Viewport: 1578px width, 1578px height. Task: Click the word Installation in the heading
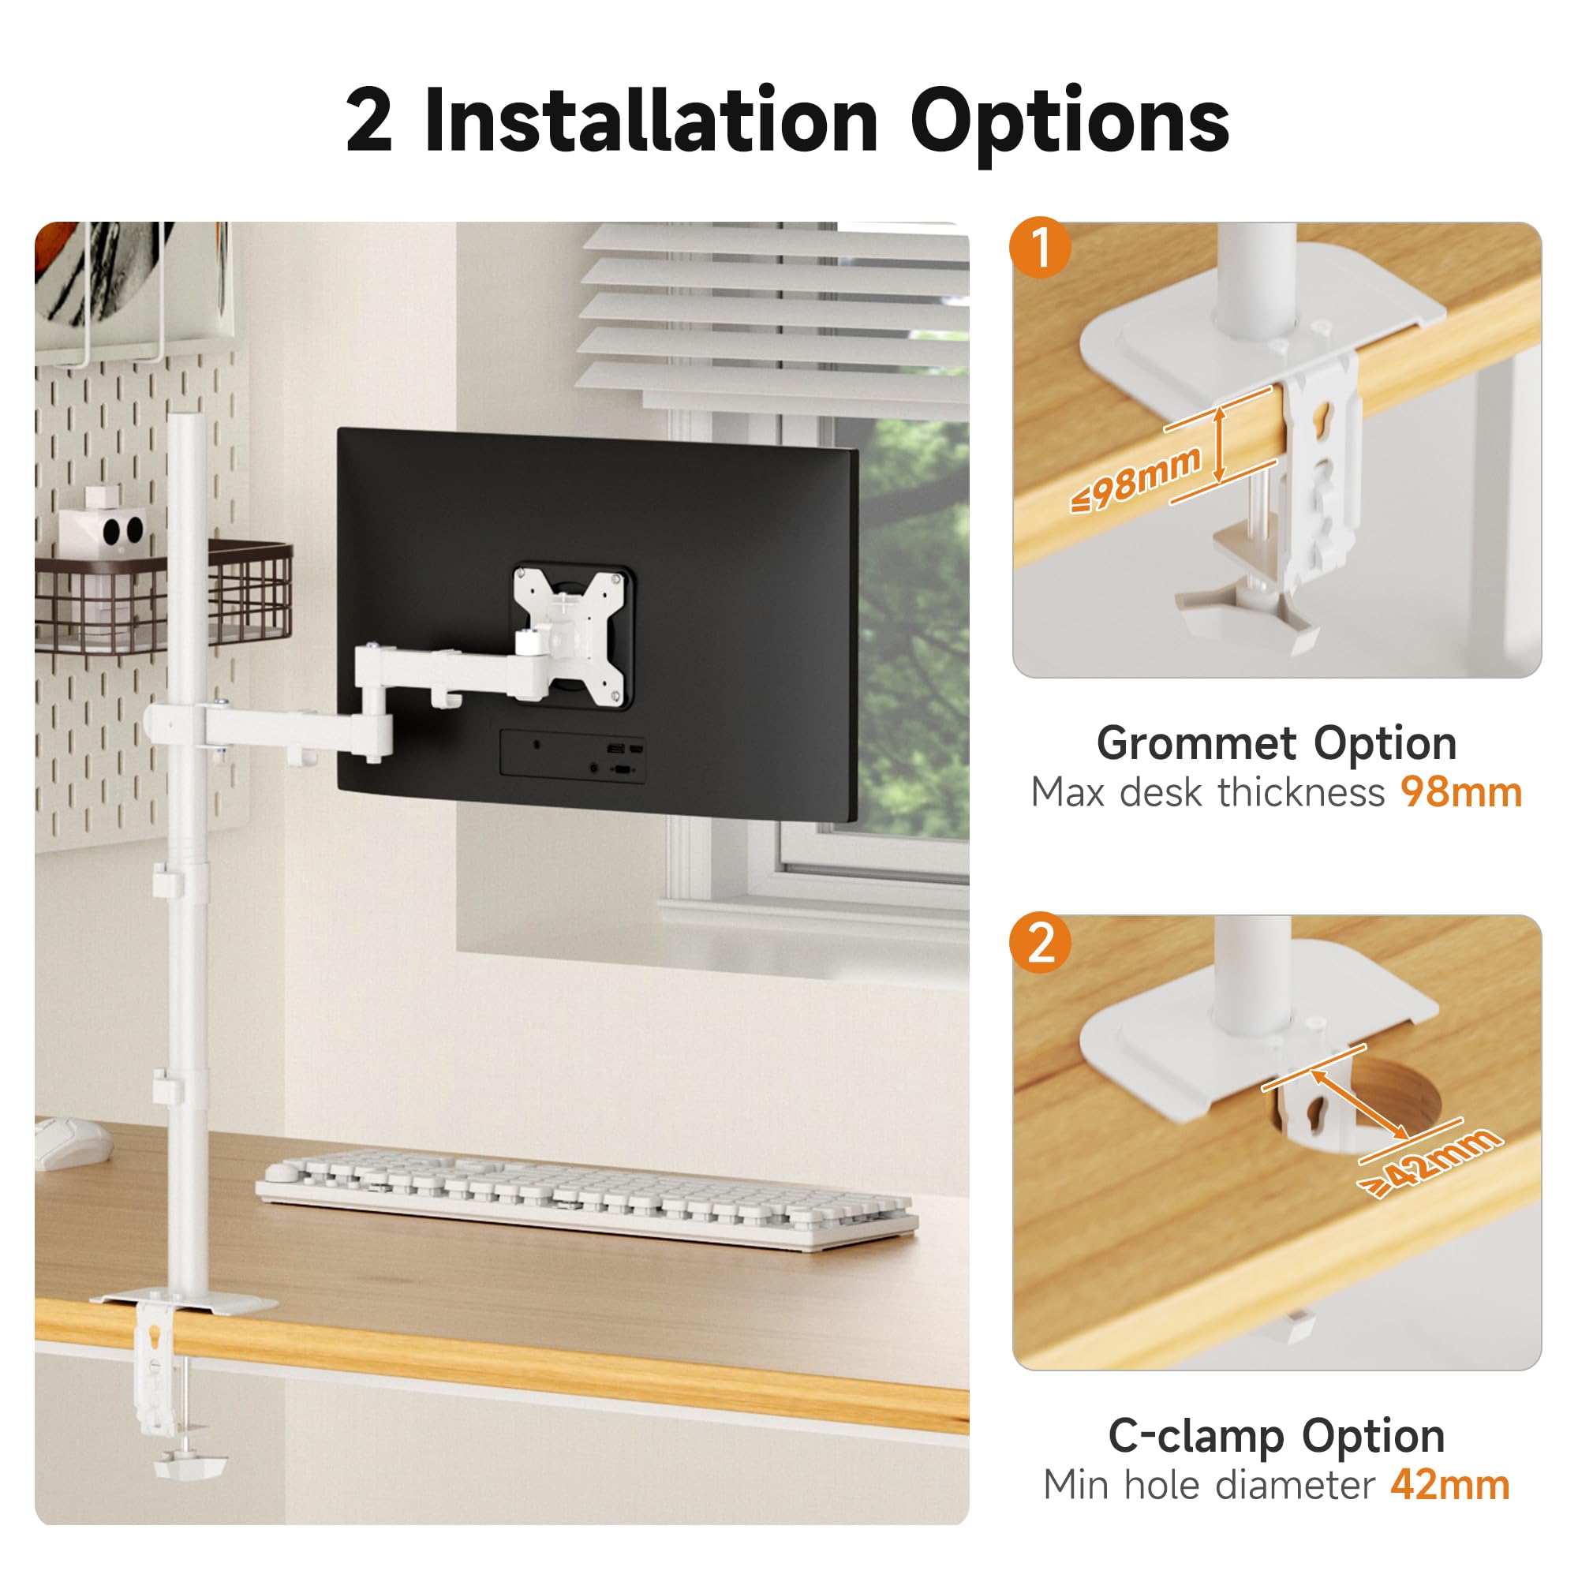(x=652, y=121)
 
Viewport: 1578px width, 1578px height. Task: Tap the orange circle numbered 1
(x=1040, y=247)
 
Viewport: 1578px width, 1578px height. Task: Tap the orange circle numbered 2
(x=1040, y=943)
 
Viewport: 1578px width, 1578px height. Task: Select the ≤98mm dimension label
(x=1136, y=480)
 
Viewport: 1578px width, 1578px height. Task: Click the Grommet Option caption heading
(x=1277, y=743)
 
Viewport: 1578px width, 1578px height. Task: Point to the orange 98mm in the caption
(x=1461, y=793)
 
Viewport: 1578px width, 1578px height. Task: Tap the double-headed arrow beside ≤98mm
(x=1220, y=445)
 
